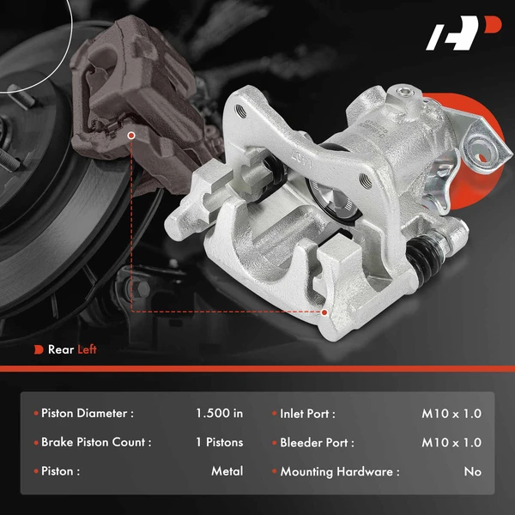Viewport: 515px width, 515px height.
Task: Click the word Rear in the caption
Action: [x=61, y=349]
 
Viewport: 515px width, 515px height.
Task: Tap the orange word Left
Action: [x=88, y=349]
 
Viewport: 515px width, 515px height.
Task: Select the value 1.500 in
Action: [x=219, y=414]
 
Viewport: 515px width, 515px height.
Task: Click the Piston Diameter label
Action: [x=87, y=414]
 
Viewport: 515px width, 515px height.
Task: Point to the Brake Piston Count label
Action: [x=96, y=443]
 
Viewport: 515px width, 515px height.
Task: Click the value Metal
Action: [x=227, y=471]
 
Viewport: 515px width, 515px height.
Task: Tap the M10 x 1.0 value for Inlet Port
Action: [x=451, y=414]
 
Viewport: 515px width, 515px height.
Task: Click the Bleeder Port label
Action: [x=317, y=443]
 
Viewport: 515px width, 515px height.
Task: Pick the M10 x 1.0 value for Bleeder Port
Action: [x=451, y=443]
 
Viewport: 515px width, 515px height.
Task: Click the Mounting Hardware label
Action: [x=340, y=471]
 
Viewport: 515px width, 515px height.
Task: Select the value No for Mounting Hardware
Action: [x=472, y=471]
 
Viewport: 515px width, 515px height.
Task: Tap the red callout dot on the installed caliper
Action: [x=131, y=135]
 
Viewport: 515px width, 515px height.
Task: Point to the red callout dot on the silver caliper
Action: [x=324, y=313]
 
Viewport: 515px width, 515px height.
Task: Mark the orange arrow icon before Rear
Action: [x=39, y=349]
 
